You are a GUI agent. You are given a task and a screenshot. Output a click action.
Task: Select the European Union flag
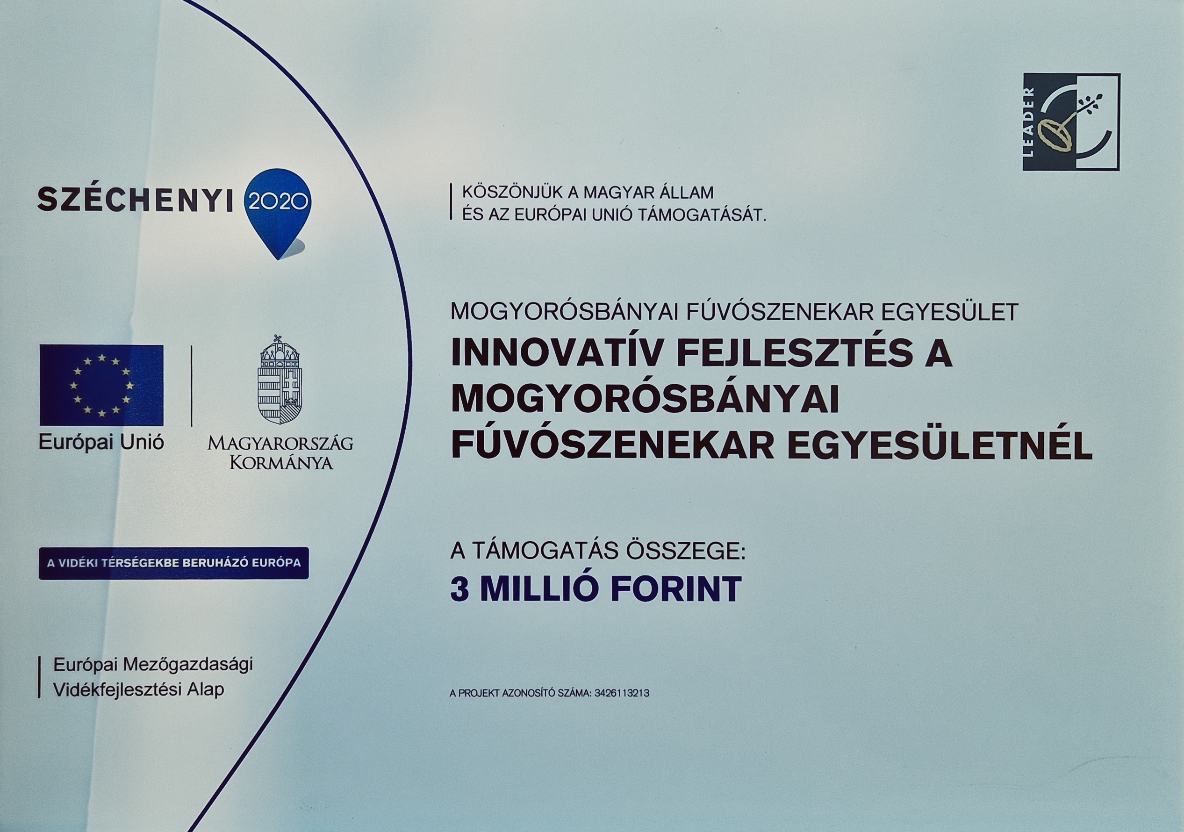(101, 385)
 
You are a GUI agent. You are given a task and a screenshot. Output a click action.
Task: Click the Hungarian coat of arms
(280, 380)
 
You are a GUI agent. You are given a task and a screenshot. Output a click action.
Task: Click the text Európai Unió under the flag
(101, 443)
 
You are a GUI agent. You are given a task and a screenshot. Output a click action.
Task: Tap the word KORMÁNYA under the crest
(281, 462)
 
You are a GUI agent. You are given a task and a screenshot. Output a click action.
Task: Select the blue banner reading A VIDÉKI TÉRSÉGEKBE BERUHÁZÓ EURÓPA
(174, 563)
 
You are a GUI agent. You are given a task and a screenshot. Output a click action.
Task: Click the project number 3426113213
(622, 694)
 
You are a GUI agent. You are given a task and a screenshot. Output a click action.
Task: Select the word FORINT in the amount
(676, 590)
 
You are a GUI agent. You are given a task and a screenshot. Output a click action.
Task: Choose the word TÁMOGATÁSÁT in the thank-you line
(703, 215)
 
